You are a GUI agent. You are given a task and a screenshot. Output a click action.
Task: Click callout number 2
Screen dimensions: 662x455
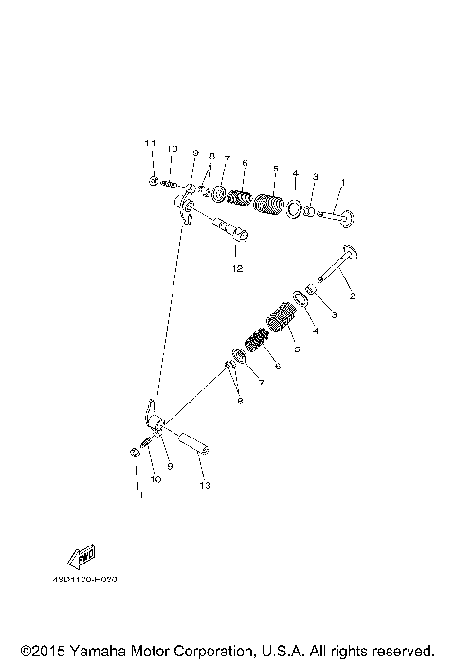point(351,296)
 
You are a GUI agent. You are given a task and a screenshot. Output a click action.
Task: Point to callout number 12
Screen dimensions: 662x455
point(236,269)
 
